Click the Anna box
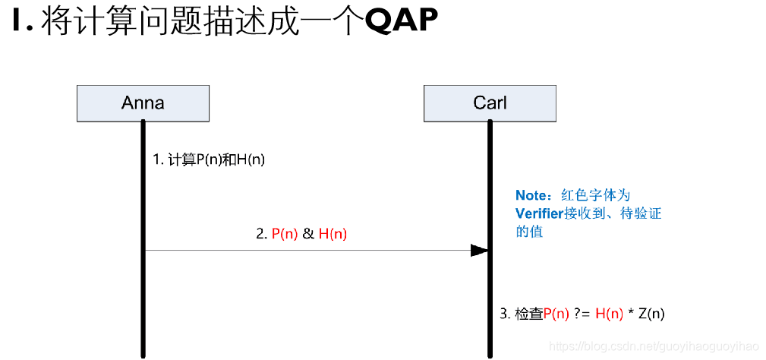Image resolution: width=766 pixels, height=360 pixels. pyautogui.click(x=143, y=103)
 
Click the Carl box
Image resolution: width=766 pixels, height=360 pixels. pyautogui.click(x=490, y=103)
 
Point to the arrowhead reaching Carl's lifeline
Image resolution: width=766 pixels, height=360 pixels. pyautogui.click(x=480, y=250)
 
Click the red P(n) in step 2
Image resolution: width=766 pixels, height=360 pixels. pyautogui.click(x=285, y=234)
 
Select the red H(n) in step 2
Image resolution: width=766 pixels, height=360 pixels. pyautogui.click(x=333, y=234)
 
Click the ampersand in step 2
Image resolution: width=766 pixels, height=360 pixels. pyautogui.click(x=308, y=234)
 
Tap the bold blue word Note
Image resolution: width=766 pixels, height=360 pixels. pyautogui.click(x=533, y=195)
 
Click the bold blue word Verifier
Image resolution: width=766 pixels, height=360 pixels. pyautogui.click(x=539, y=213)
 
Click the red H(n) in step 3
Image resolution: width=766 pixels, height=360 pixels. pyautogui.click(x=610, y=314)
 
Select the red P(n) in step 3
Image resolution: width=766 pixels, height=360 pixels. pyautogui.click(x=556, y=314)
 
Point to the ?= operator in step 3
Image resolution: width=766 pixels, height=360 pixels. pyautogui.click(x=582, y=314)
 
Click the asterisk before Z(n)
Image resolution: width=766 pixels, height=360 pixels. pyautogui.click(x=630, y=314)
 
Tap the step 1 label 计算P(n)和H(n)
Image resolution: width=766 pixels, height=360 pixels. pyautogui.click(x=209, y=159)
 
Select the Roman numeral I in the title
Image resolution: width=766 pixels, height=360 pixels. pyautogui.click(x=18, y=22)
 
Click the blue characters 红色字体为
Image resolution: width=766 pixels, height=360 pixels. pyautogui.click(x=596, y=195)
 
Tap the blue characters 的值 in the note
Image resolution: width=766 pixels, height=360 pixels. pyautogui.click(x=529, y=232)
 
